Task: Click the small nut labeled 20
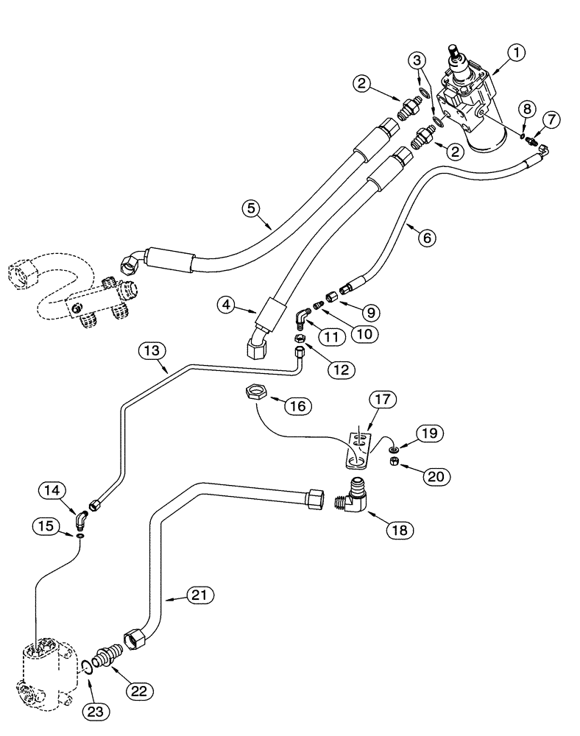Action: [x=394, y=461]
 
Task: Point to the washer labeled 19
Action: [x=396, y=447]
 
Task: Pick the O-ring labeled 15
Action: [x=79, y=537]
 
